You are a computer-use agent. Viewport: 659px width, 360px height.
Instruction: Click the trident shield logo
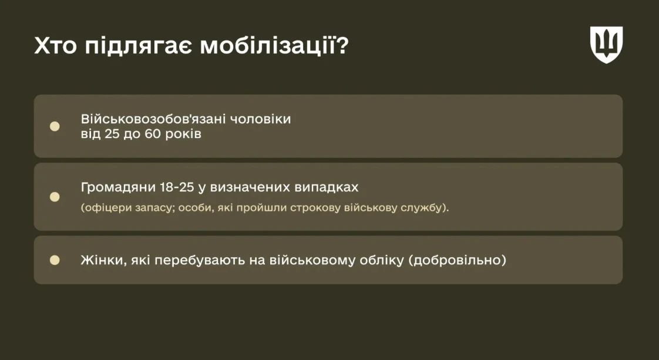(x=606, y=45)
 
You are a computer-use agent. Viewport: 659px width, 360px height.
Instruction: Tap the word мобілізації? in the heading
(x=274, y=46)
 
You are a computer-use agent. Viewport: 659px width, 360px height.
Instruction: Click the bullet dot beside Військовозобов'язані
(x=55, y=126)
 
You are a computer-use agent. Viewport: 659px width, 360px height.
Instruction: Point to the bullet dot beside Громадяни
(x=55, y=197)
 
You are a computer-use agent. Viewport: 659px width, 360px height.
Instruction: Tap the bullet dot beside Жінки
(x=55, y=260)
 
